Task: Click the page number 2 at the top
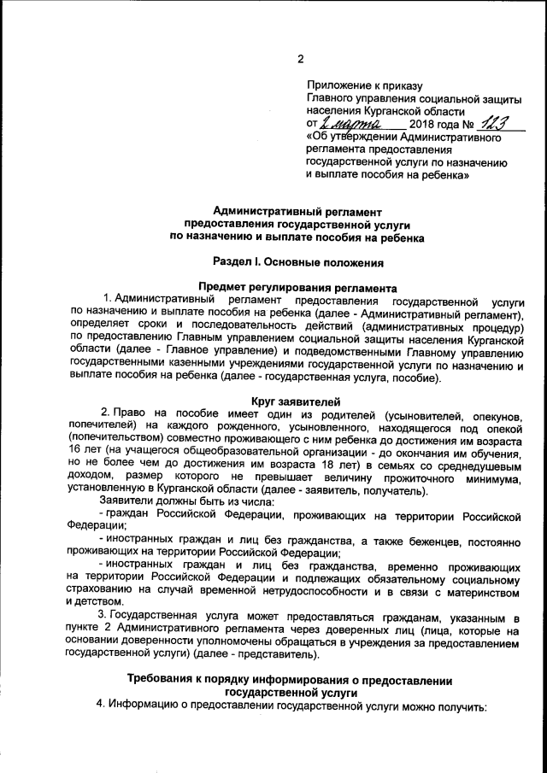pos(301,58)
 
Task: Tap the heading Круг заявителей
pos(297,401)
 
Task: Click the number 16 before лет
pos(78,448)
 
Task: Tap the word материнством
pos(482,589)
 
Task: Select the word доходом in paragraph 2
pos(91,480)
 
